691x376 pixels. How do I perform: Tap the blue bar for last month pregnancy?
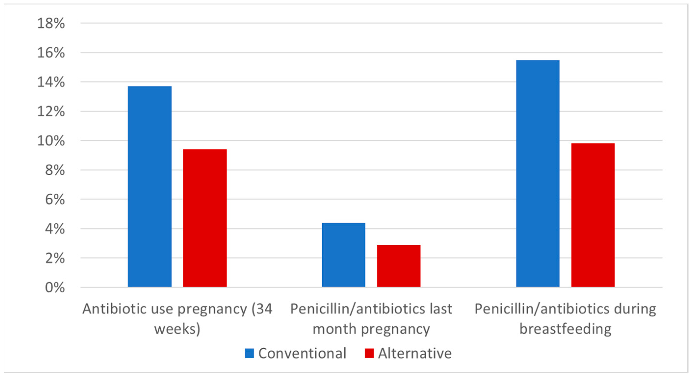pos(343,255)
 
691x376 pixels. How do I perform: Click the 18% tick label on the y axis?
pos(51,23)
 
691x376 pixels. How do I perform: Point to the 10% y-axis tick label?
pos(51,141)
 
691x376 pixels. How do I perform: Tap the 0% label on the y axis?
pos(55,288)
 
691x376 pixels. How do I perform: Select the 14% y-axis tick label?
pos(51,82)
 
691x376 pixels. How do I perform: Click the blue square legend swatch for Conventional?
pos(249,353)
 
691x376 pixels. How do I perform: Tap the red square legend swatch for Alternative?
pos(369,353)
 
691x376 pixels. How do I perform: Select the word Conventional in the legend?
pos(302,353)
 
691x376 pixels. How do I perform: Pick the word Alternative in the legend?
pos(415,353)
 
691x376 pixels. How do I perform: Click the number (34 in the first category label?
pos(262,309)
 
